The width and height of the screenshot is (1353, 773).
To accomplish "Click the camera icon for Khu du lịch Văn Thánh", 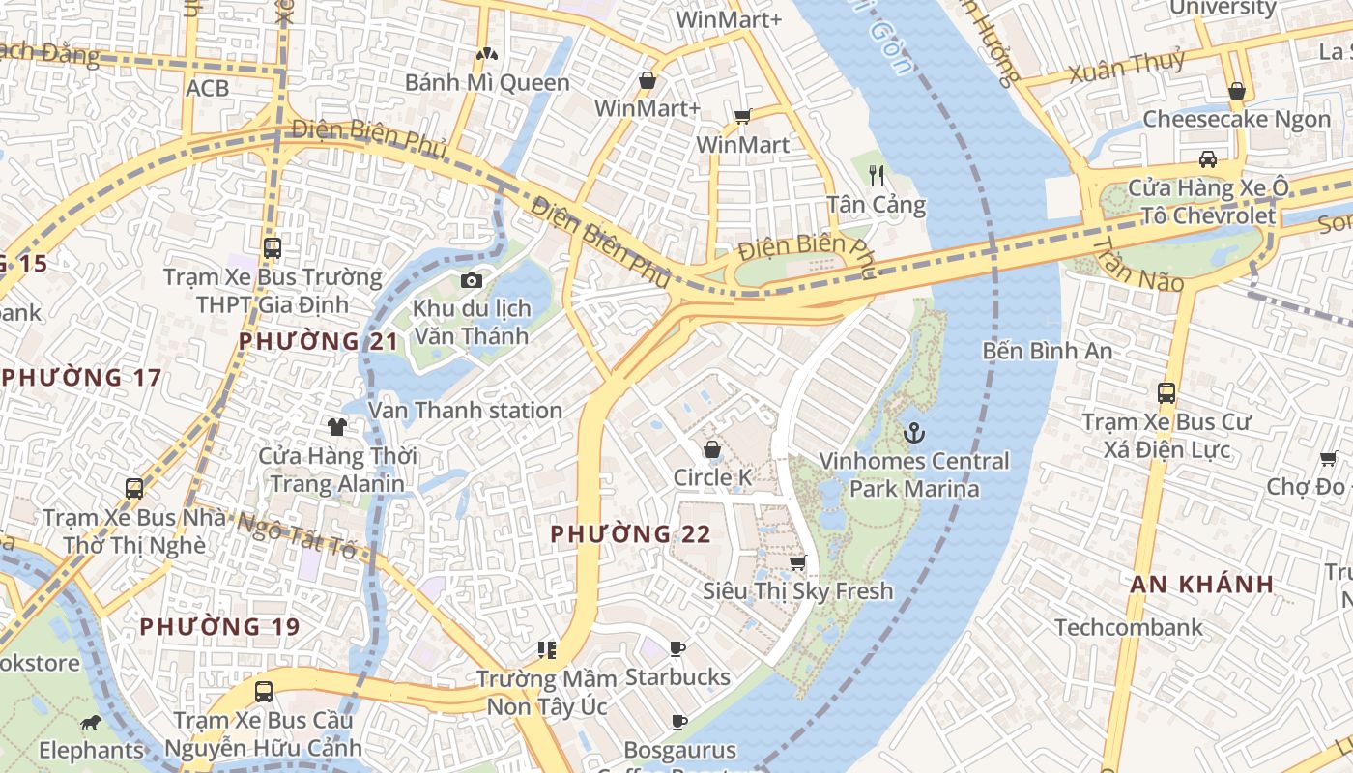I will point(471,281).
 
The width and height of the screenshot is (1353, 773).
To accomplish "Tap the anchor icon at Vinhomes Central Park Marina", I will point(913,433).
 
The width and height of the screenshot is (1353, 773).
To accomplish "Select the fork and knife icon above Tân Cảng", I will point(877,175).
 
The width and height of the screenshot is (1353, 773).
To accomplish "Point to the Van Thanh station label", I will point(465,411).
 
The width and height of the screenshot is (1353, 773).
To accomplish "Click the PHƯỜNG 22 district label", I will point(630,533).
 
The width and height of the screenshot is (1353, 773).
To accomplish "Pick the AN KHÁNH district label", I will point(1202,584).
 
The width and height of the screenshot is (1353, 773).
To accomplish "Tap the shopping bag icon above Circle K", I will point(712,449).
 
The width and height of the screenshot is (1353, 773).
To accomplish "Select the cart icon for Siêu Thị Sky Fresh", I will point(797,562).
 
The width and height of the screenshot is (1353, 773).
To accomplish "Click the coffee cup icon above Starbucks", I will point(677,648).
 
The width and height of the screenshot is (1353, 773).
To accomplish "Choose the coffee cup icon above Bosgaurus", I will point(679,722).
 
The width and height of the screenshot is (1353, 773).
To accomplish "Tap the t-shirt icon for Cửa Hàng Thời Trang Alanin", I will point(336,426).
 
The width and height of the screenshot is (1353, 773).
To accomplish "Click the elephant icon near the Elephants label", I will point(91,723).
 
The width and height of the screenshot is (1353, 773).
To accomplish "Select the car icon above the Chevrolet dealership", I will point(1207,159).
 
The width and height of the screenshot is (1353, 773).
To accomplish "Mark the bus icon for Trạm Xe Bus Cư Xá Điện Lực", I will point(1166,393).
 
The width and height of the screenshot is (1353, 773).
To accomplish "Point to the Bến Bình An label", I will point(1048,351).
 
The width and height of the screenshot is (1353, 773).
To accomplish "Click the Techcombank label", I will point(1129,627).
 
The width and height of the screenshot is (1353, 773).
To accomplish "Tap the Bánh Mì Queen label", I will point(487,83).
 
